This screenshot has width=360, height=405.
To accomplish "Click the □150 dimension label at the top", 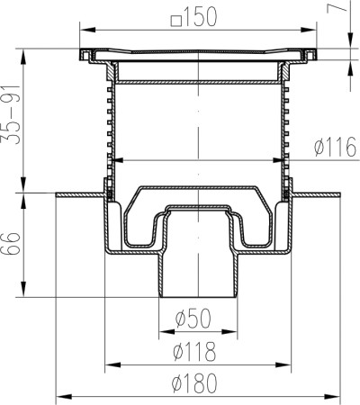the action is coord(193,17).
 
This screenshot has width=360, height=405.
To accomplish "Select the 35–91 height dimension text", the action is coord(11,115).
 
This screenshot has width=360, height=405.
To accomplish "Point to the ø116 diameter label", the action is coord(336,147).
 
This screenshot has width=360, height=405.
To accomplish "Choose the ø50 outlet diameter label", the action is coord(193,319).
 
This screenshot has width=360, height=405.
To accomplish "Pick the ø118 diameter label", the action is coord(194,351).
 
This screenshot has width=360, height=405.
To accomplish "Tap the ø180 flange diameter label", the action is coord(194,383).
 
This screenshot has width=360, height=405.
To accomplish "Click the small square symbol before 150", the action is coord(176,21).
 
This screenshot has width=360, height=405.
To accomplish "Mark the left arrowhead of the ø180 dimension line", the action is coord(64,397).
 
